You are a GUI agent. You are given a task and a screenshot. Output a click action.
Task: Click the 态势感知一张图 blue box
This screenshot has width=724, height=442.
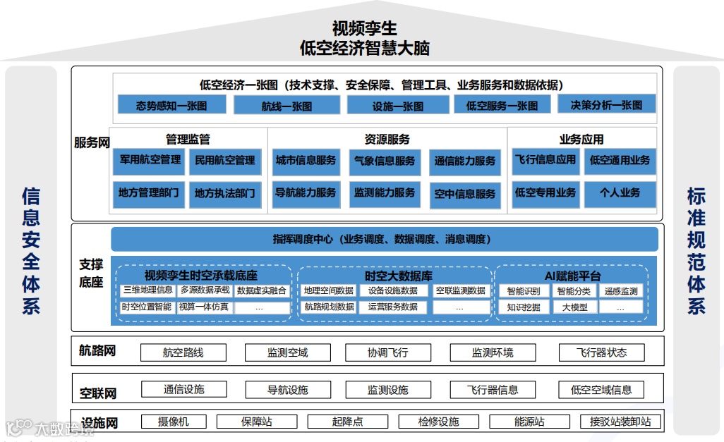coord(171,105)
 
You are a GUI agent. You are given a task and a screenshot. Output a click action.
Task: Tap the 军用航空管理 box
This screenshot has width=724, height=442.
coord(150,161)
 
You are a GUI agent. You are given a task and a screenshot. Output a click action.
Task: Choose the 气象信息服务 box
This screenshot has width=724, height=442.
coord(385,161)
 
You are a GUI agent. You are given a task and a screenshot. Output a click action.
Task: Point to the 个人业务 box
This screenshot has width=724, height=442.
coord(620,193)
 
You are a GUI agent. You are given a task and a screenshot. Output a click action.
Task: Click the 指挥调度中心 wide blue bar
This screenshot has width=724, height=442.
coord(384,239)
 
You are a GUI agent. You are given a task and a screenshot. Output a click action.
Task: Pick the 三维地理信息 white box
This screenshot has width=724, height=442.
coord(147,290)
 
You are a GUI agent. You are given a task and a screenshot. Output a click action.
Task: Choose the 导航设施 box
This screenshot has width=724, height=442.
coord(287,389)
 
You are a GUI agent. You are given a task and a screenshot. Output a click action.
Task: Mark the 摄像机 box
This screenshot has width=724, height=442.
coord(173,422)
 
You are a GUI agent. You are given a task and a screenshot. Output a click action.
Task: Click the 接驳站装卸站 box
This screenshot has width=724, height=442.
coord(620,422)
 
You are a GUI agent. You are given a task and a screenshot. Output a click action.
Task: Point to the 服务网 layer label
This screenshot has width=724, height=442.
coord(92,142)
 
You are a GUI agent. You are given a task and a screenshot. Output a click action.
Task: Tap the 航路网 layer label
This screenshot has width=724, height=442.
coord(97,351)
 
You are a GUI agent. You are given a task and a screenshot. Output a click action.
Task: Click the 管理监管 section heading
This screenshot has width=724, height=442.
coord(188,140)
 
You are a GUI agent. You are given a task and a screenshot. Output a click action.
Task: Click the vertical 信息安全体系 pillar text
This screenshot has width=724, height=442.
coord(31,250)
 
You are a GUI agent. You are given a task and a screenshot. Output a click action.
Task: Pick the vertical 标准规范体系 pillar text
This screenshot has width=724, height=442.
coord(696,250)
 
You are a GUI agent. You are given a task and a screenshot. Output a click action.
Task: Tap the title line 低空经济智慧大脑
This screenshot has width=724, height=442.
coord(364,48)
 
